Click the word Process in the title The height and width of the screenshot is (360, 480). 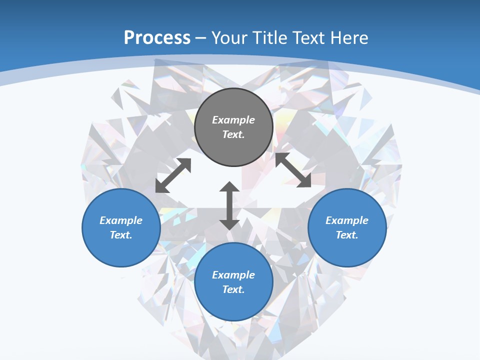click(x=157, y=38)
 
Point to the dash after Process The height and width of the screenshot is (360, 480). click(x=201, y=39)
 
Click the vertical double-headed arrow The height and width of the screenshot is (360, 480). click(x=229, y=205)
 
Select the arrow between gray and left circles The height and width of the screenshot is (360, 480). click(x=173, y=175)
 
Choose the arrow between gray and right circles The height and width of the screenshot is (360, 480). click(x=293, y=170)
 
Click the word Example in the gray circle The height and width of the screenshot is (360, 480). click(x=233, y=120)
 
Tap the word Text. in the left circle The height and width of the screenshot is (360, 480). click(x=121, y=235)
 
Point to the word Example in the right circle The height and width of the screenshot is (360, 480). click(x=347, y=220)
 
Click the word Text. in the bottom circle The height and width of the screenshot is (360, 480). click(x=233, y=289)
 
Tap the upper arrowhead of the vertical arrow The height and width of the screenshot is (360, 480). click(x=229, y=187)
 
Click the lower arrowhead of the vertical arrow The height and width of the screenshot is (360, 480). click(x=229, y=224)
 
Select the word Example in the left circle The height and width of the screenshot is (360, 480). click(x=121, y=220)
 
